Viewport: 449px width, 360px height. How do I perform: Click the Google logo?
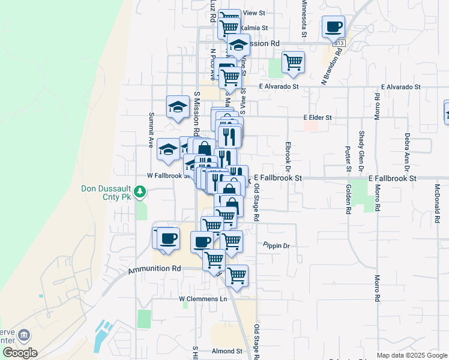19,353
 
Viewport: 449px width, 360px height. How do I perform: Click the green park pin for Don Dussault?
140,192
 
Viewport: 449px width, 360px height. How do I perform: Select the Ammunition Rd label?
154,271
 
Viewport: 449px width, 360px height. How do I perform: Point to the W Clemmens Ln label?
203,298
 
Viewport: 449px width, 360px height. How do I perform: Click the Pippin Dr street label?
276,245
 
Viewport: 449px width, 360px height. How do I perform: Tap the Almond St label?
226,351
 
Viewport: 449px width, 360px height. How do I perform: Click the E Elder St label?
318,118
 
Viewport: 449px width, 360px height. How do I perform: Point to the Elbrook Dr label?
288,154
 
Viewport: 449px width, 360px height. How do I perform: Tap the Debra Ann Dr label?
407,150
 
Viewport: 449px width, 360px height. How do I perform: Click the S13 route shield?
340,43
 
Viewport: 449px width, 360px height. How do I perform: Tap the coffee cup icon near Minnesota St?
333,27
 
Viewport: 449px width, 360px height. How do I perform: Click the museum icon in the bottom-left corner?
25,335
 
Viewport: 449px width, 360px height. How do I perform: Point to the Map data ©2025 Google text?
412,355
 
